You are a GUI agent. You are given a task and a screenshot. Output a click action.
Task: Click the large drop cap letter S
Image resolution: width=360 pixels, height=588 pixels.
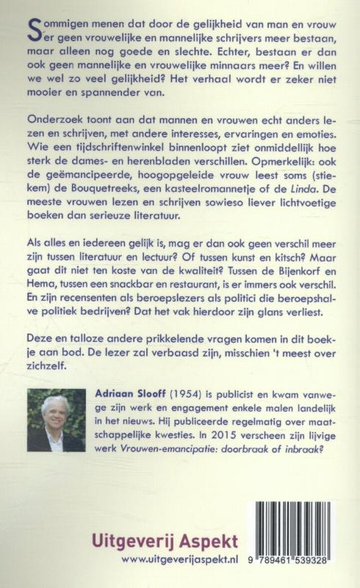(x=32, y=29)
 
